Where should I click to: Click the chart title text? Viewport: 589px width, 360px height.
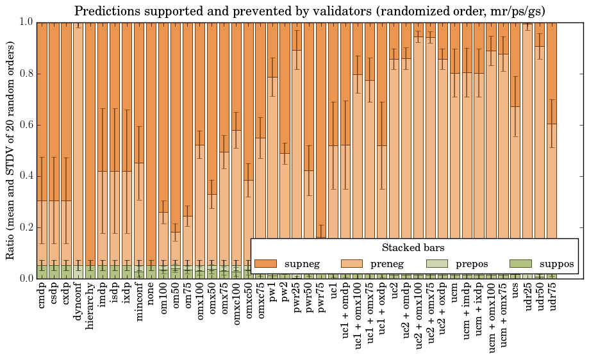click(x=310, y=11)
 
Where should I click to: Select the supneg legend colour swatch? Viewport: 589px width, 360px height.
click(x=265, y=264)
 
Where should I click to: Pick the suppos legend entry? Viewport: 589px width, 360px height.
click(x=541, y=264)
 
